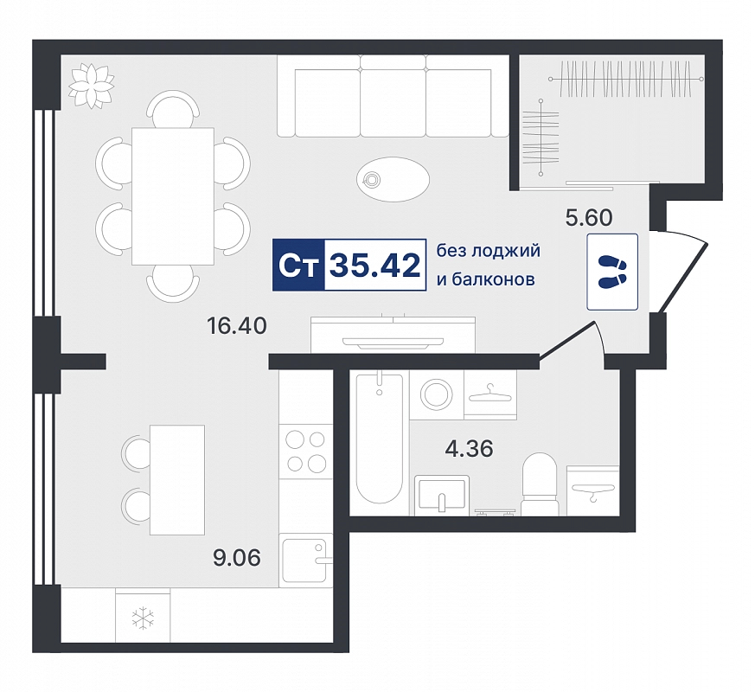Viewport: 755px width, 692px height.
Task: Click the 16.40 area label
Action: [x=236, y=326]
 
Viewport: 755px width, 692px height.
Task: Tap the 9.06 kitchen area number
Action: [x=237, y=558]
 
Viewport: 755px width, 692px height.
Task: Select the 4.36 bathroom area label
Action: [x=470, y=449]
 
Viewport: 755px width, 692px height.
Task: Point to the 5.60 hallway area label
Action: [x=589, y=218]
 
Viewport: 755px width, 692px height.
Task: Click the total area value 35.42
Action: [x=375, y=266]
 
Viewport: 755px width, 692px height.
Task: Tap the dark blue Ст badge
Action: [x=299, y=265]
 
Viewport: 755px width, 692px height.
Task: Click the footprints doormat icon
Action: [x=612, y=272]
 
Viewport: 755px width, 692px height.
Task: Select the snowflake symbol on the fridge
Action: [x=144, y=618]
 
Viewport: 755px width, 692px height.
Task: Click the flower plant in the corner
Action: [x=92, y=86]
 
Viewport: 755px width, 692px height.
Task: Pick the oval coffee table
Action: [x=393, y=179]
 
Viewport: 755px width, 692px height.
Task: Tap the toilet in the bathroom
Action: [x=540, y=484]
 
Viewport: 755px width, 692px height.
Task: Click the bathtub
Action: [x=379, y=439]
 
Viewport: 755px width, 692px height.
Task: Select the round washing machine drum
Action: [x=437, y=394]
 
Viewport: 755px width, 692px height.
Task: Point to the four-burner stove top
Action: [x=305, y=452]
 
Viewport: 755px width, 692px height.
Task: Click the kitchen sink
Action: [x=305, y=560]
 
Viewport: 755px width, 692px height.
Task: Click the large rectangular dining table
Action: [x=173, y=196]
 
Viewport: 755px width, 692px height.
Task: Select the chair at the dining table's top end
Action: [x=173, y=109]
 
